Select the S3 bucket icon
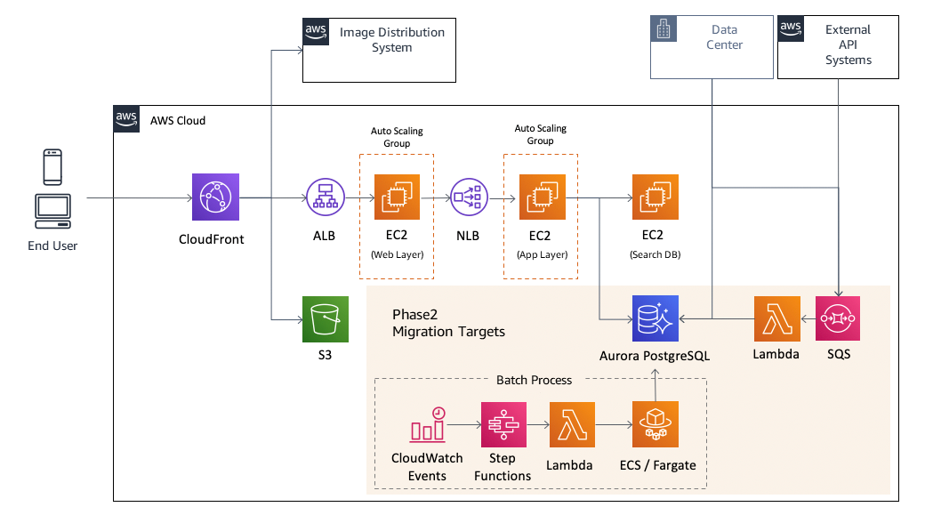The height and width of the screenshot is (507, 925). point(325,319)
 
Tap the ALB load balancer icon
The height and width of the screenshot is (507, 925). point(325,197)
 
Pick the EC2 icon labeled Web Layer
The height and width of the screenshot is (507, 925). point(396,197)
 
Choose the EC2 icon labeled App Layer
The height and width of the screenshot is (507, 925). point(540,197)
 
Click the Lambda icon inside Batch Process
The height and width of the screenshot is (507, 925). point(573,424)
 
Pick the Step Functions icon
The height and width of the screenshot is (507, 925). point(503,424)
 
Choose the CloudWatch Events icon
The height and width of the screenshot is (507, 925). point(428,425)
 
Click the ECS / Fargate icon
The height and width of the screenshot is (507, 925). point(656,424)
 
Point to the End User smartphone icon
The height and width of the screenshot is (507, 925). point(52,167)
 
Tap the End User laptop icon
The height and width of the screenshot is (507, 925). point(52,209)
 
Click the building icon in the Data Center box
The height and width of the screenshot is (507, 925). point(664,30)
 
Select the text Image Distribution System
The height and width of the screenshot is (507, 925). point(391,40)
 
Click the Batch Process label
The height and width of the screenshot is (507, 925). point(534,380)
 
